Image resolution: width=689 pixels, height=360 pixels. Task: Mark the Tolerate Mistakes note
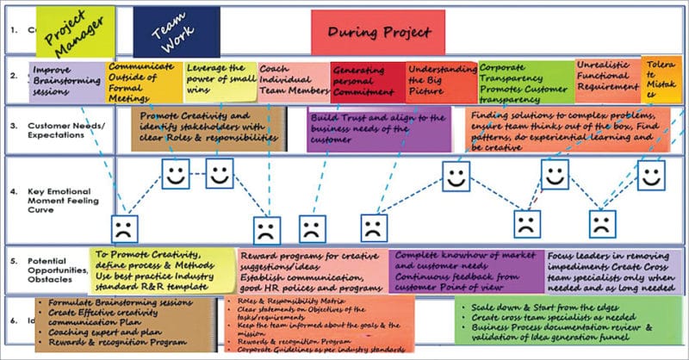(x=661, y=78)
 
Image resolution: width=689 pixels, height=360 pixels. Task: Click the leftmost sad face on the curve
(x=123, y=229)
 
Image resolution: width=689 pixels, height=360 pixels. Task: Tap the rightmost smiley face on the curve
(x=651, y=176)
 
